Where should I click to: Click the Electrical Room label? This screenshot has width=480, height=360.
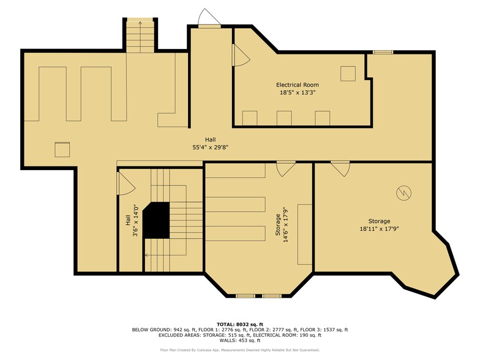coord(297,84)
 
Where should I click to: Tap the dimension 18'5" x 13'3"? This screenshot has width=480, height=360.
coord(297,93)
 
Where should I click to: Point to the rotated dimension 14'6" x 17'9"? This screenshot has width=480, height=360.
coord(286,228)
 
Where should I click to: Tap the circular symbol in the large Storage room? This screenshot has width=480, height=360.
coord(402,193)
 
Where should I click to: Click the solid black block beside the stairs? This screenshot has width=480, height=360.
coord(157,220)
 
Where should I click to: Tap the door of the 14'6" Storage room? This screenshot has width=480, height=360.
coord(285,168)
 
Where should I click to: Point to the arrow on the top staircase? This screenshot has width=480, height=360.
coord(140,23)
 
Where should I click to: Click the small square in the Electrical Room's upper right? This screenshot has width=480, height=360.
coord(348,73)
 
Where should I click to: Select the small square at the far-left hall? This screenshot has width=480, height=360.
coord(62,150)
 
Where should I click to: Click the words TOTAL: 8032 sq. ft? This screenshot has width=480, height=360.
coord(239,324)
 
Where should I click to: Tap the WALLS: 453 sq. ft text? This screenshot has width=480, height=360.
coord(239,340)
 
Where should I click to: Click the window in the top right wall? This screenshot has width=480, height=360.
coord(383,52)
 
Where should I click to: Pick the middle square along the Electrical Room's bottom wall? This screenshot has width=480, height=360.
coord(284,118)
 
